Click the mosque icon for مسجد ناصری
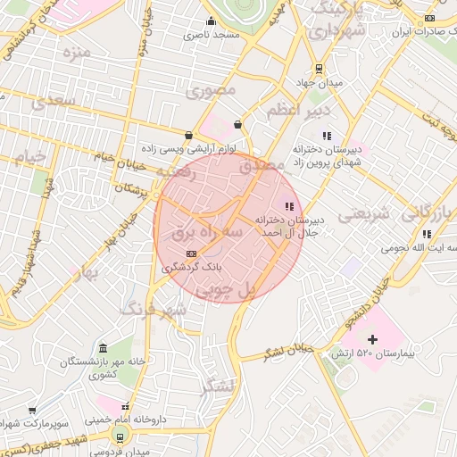tap(210, 22)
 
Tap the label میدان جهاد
tap(319, 84)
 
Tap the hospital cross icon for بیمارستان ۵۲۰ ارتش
tap(372, 339)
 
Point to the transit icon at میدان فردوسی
tap(118, 436)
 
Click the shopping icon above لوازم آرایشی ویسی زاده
tap(188, 136)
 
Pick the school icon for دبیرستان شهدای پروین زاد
tap(327, 136)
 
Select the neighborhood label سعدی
tap(53, 101)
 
